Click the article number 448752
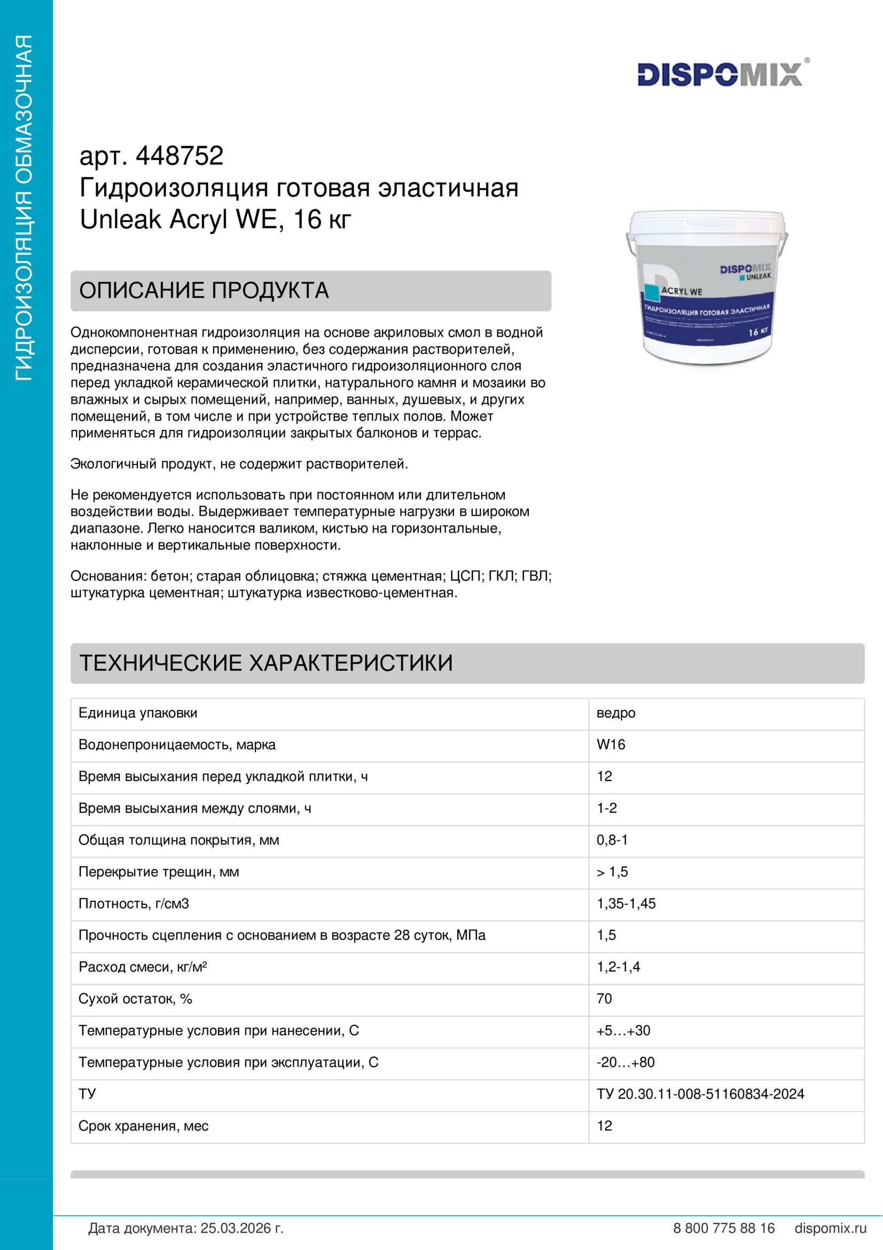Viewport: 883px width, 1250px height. tap(179, 156)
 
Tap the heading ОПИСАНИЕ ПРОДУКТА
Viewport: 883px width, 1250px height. tap(204, 291)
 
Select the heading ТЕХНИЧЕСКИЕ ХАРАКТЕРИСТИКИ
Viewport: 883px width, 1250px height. tap(266, 663)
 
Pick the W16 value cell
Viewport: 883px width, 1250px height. tap(611, 745)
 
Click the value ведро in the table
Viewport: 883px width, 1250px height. tap(615, 713)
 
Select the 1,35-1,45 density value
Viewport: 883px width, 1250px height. tap(626, 904)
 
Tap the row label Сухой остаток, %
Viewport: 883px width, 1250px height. tap(136, 999)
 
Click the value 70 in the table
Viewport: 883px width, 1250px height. tap(604, 999)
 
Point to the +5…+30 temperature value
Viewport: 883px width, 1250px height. tap(623, 1030)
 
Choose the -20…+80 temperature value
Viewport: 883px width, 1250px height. tap(625, 1062)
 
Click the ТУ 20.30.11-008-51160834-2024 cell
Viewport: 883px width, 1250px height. tap(700, 1094)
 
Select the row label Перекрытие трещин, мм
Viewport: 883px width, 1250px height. tap(158, 872)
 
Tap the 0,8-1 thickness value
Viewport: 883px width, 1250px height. tap(612, 840)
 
